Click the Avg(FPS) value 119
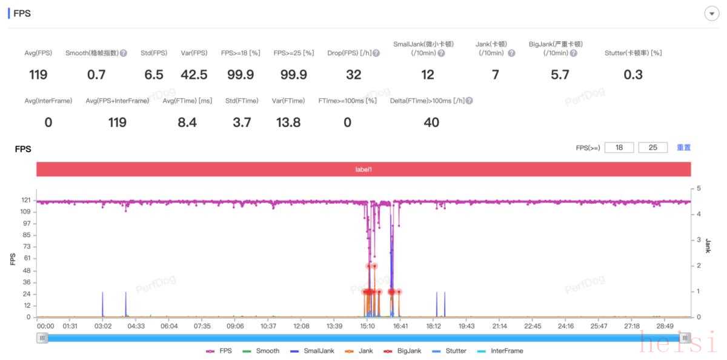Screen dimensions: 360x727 click(x=38, y=75)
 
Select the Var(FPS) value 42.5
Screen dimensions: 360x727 click(x=194, y=75)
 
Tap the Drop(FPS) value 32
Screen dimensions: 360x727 click(x=353, y=75)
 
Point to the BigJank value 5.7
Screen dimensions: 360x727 click(x=556, y=75)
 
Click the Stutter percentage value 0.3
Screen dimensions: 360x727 click(x=632, y=75)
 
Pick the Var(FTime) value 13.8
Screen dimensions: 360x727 click(x=288, y=122)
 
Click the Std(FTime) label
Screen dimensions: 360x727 click(x=242, y=101)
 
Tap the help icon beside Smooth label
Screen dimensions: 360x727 click(x=124, y=53)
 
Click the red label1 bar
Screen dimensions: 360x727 click(x=363, y=170)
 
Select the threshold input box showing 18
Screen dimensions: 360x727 click(x=619, y=147)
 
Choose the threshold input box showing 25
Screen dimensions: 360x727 click(x=652, y=147)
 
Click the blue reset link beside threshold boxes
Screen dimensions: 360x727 click(x=683, y=147)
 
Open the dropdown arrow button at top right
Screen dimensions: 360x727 click(x=711, y=14)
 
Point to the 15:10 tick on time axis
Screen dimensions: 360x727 click(x=367, y=326)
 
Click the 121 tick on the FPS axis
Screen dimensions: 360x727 click(x=25, y=200)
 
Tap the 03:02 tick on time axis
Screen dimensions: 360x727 click(x=103, y=326)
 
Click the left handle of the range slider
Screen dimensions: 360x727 click(x=42, y=338)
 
